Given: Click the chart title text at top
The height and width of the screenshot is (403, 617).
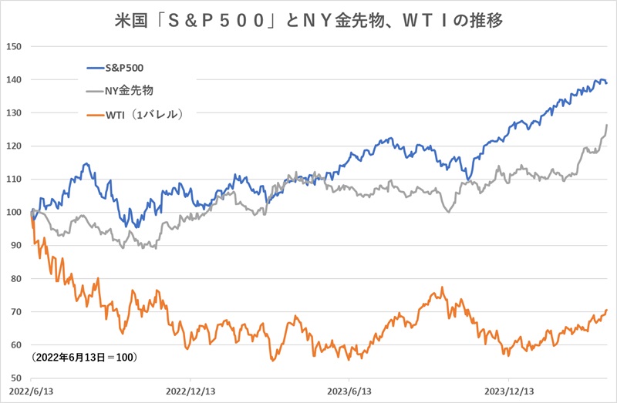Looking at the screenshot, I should click(308, 19).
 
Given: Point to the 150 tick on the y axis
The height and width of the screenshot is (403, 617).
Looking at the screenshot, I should click(14, 46).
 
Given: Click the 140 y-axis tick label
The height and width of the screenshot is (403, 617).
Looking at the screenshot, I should click(14, 79).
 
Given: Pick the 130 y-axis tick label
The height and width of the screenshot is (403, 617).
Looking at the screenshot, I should click(14, 113).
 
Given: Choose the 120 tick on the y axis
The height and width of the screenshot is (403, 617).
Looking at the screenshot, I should click(14, 146).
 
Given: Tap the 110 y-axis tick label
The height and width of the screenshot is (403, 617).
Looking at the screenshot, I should click(14, 179).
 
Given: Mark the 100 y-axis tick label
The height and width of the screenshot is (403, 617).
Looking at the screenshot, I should click(14, 212).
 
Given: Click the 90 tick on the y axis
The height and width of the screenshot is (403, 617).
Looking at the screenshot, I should click(16, 245).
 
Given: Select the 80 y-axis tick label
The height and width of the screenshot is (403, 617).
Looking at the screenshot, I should click(16, 278).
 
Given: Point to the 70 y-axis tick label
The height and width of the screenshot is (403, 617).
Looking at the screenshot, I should click(16, 311).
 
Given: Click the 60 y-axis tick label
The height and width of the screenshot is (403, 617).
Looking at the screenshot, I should click(16, 344).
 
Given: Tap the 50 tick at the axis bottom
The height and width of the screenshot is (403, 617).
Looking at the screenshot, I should click(16, 378).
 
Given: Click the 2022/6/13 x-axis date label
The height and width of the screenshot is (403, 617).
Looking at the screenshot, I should click(30, 391).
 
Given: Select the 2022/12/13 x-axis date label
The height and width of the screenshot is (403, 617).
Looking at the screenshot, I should click(189, 391).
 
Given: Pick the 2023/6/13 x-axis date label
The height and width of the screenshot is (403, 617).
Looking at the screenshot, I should click(349, 391).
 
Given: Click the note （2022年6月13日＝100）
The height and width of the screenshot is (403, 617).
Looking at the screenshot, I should click(85, 358).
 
